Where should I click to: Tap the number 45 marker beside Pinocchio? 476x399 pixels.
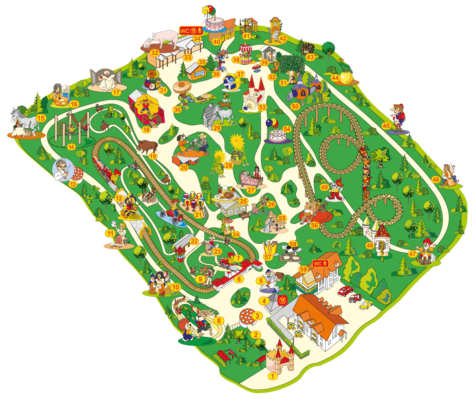pos(386,126)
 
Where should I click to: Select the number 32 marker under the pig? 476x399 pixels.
pos(154,52)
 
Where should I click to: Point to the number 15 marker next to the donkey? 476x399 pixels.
pos(40,118)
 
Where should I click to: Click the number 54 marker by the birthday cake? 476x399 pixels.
pos(287,129)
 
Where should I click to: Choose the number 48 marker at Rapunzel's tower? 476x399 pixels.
pos(370,246)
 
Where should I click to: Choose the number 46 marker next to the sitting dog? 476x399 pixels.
pos(436,180)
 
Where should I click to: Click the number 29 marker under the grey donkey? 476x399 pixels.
pos(217,128)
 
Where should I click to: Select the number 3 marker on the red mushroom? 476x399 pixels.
pos(257,316)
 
